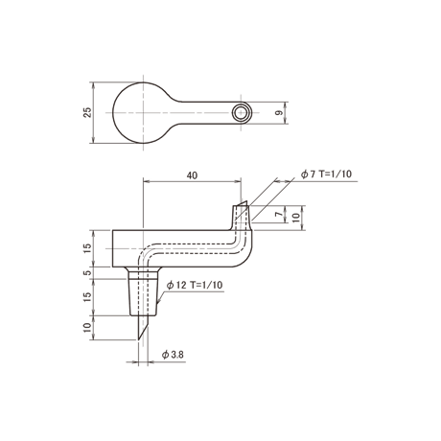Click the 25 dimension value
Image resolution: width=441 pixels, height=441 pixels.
[87, 112]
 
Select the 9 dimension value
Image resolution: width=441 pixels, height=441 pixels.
[279, 113]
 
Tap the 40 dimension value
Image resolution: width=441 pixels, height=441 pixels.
[192, 175]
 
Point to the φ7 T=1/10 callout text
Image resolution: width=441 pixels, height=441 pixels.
[326, 174]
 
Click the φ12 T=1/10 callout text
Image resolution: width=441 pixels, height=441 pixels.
[195, 285]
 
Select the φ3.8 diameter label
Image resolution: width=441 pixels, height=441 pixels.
[173, 355]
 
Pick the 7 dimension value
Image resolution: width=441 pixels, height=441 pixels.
[280, 214]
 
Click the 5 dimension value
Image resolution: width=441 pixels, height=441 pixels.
[87, 273]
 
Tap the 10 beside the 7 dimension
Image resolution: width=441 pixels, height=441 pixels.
[296, 218]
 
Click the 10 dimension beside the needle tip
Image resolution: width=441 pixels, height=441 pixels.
[87, 328]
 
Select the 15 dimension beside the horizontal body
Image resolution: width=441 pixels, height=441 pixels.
[87, 248]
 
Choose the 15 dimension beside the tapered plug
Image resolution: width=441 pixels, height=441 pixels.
[87, 297]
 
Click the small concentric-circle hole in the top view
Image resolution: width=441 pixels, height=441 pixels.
[241, 113]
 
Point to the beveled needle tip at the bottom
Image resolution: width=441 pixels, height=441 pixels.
[141, 328]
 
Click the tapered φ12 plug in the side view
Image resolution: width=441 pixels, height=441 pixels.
[143, 297]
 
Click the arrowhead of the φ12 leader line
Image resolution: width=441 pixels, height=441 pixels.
[158, 303]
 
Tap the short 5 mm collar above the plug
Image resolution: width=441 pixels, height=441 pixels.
[143, 273]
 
